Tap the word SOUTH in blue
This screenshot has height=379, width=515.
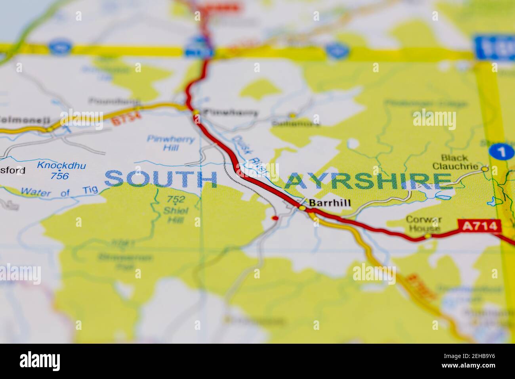coord(161,180)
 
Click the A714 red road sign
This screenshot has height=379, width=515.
coord(479,226)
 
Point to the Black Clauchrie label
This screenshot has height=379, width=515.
coord(455,162)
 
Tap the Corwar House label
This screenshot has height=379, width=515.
coord(423,224)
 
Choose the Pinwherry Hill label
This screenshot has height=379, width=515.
coord(170,144)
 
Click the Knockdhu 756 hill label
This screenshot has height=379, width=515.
coord(61,170)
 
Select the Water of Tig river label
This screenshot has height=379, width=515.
coord(59,192)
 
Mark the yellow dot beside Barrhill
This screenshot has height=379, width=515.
coord(302,208)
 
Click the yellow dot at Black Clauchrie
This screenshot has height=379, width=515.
coord(484,169)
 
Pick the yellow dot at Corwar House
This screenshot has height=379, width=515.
coord(428,236)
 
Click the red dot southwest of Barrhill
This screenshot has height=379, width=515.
coord(275,218)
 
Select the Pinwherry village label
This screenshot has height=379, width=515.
coord(230,113)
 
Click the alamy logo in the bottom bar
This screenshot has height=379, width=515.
coord(40,361)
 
